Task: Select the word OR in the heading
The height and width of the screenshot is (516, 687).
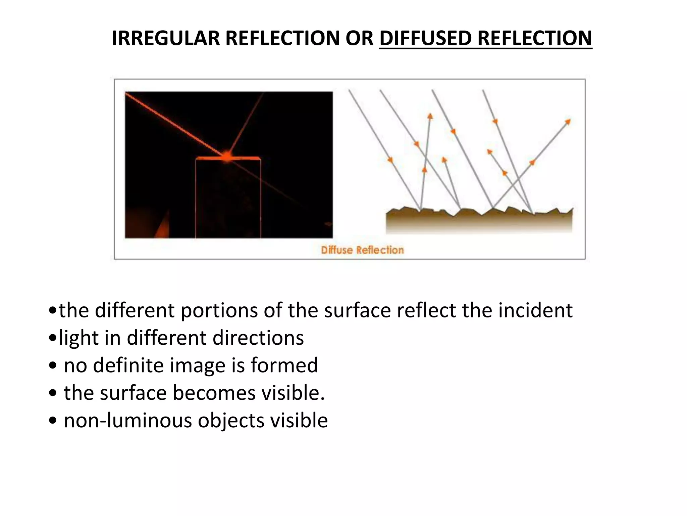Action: pos(359,38)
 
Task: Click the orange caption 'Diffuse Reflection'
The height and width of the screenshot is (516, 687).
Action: pos(362,250)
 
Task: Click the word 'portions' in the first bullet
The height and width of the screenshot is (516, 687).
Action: pos(219,310)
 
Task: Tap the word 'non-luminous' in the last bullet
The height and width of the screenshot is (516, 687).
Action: pos(127,420)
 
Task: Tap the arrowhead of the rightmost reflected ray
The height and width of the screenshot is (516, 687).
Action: pos(568,121)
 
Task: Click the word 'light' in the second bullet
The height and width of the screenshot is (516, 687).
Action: pos(78,338)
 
